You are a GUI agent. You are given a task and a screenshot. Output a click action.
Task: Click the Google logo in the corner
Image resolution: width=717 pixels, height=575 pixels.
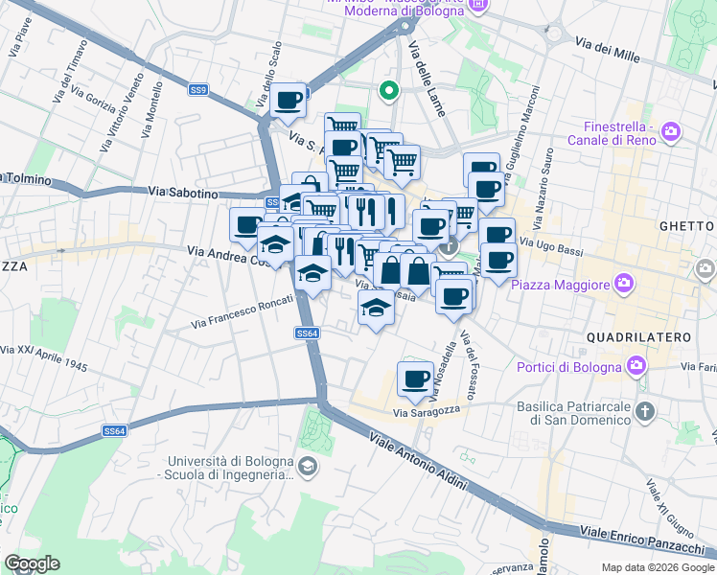point(32,563)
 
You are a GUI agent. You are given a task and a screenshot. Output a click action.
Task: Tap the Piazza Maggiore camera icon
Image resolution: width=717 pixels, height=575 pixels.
point(625,284)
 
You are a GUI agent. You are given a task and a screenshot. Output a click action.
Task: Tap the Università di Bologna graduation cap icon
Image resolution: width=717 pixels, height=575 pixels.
point(307,467)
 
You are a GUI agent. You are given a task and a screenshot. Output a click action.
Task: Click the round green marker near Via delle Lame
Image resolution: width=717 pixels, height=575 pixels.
point(389,92)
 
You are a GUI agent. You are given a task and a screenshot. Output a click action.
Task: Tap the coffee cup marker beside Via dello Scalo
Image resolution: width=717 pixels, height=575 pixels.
point(288,99)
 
